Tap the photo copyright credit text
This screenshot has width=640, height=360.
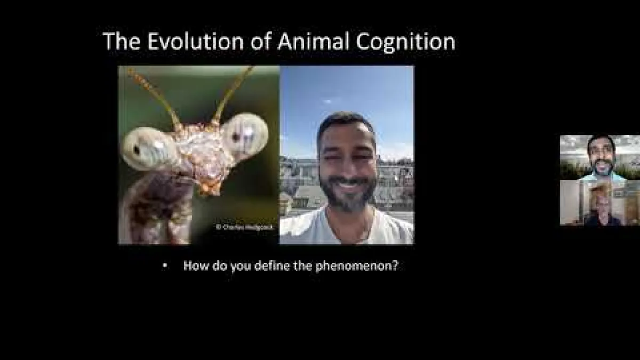244,227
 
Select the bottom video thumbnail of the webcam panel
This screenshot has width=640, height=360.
599,203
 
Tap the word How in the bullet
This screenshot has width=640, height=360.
195,266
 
